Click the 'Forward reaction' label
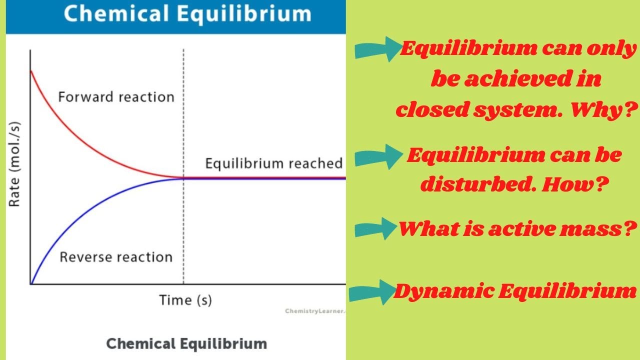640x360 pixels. (x=116, y=96)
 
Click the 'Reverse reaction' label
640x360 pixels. (x=116, y=257)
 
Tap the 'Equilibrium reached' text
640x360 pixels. (x=274, y=163)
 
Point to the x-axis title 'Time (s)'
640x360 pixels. (x=185, y=300)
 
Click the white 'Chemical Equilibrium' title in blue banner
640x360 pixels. (x=187, y=13)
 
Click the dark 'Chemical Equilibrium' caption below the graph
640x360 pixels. (x=186, y=344)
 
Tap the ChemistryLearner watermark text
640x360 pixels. (x=315, y=311)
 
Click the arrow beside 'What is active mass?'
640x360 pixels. (x=375, y=229)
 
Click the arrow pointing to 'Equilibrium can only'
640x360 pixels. (x=377, y=50)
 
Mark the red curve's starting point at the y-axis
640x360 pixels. (x=31, y=70)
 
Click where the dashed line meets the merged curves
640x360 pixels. (x=183, y=178)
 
